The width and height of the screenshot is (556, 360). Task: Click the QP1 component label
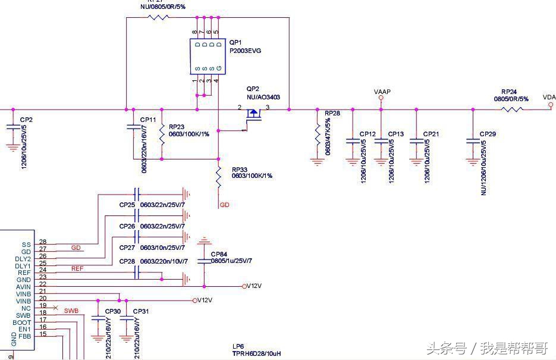pos(235,43)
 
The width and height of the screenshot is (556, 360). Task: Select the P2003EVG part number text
pos(245,51)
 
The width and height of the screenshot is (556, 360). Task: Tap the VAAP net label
pos(382,92)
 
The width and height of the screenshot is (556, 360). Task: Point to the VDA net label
pos(549,98)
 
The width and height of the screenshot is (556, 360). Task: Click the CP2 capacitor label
pos(26,120)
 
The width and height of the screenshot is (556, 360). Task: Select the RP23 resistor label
pos(177,127)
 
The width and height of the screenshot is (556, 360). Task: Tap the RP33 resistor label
pos(240,169)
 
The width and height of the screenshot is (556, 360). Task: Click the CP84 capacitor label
pos(219,254)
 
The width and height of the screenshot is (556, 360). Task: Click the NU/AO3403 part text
pos(263,97)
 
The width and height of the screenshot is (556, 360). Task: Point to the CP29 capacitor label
pos(488,134)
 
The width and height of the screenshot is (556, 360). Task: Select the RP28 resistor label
pos(332,113)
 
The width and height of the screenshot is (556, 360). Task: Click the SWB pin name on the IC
pos(23,315)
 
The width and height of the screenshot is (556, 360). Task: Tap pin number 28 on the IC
pos(43,242)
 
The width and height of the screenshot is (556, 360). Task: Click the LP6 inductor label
pos(238,346)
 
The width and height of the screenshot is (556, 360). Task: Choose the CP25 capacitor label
pos(127,205)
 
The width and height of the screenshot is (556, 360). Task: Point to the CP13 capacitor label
pos(396,134)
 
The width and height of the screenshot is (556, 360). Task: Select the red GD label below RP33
pos(224,205)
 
